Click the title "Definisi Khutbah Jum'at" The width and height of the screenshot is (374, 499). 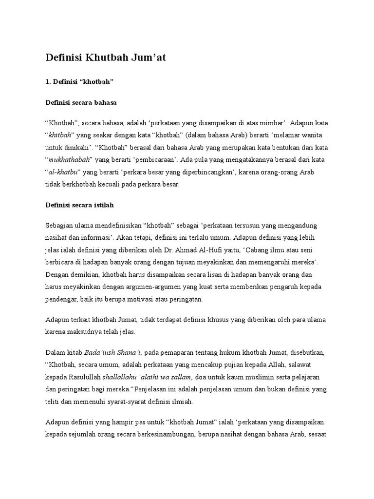pos(106,58)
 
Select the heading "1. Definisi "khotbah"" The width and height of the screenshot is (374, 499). pos(79,81)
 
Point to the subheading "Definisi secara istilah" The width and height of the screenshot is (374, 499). pos(79,205)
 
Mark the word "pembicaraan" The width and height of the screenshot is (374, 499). pos(154,159)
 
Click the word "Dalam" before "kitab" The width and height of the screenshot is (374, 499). pos(55,352)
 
